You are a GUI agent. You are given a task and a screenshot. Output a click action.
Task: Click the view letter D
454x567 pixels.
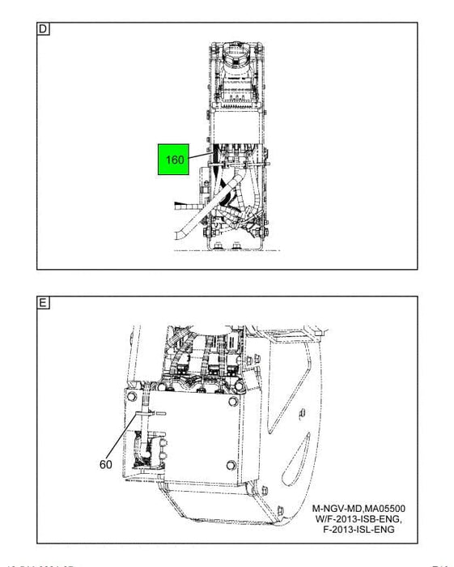43,30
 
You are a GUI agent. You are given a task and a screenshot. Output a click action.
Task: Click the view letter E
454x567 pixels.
43,304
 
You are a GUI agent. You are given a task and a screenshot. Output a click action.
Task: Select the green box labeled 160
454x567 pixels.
174,160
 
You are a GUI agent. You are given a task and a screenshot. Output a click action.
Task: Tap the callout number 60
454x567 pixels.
106,464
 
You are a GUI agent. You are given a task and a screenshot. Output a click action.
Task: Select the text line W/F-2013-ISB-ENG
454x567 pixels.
359,521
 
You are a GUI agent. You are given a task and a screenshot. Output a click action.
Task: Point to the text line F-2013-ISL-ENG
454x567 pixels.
359,531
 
